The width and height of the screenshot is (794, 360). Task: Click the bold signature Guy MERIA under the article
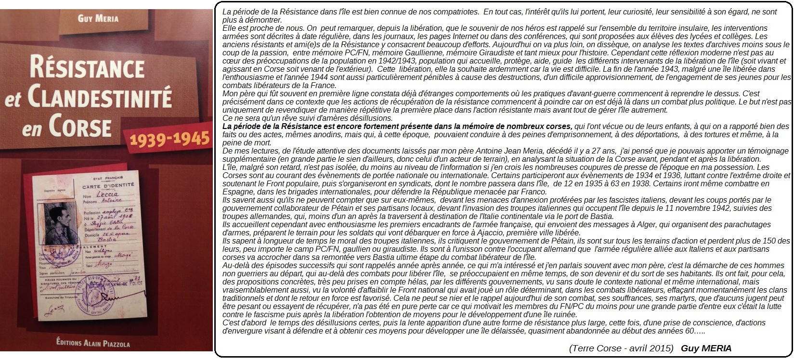(706, 348)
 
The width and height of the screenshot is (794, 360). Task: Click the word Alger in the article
(609, 224)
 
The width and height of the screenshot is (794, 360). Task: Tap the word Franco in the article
(535, 192)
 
